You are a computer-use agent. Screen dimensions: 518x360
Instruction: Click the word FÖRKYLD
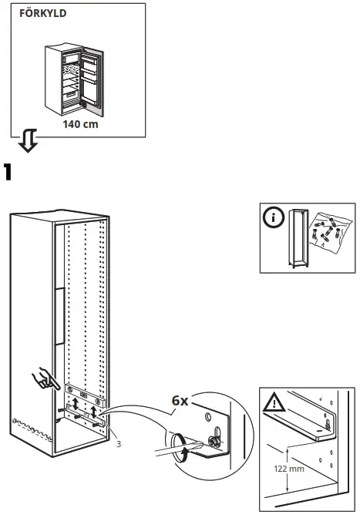pyautogui.click(x=37, y=14)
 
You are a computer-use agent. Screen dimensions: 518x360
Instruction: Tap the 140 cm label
pyautogui.click(x=80, y=123)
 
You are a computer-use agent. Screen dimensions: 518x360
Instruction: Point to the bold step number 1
pyautogui.click(x=9, y=172)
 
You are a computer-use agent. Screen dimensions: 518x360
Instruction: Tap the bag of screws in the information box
pyautogui.click(x=326, y=232)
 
